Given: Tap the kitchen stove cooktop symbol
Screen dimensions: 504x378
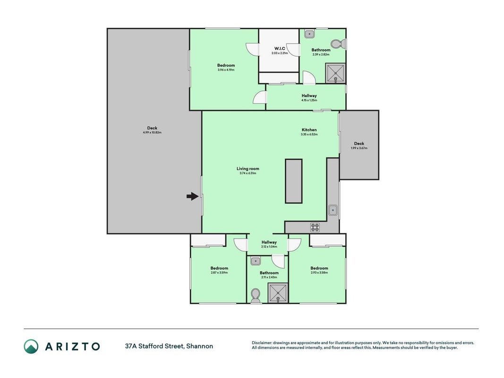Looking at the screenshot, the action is click(315, 227).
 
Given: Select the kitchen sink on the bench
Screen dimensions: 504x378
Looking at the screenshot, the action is click(333, 210).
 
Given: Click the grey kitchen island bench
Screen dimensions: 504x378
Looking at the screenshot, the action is click(294, 181).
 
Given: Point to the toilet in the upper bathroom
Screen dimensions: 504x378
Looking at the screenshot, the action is click(338, 44).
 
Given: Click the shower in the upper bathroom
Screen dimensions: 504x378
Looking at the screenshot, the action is click(335, 73).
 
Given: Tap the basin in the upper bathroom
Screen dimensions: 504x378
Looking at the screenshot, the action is click(309, 34).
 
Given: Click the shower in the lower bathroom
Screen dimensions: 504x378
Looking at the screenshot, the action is click(278, 292).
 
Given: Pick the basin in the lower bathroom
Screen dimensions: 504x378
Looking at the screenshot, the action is click(256, 261).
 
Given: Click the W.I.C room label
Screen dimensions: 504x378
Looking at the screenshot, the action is click(280, 49).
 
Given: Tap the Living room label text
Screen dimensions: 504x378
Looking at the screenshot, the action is click(248, 168).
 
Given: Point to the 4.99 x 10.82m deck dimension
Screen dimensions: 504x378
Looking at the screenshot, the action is click(153, 132).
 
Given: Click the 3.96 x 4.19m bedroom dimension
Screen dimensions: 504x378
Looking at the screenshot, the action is click(226, 70).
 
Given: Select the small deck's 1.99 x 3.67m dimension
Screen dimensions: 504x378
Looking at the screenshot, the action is click(359, 148).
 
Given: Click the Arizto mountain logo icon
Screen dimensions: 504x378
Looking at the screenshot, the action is click(31, 346).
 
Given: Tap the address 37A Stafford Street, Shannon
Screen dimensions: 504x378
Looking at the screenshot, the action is click(169, 346).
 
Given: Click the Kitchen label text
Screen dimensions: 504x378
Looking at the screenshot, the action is click(309, 130).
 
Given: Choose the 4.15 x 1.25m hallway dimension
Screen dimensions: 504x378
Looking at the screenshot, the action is click(309, 100).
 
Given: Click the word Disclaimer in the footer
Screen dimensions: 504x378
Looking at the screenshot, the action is click(262, 343).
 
